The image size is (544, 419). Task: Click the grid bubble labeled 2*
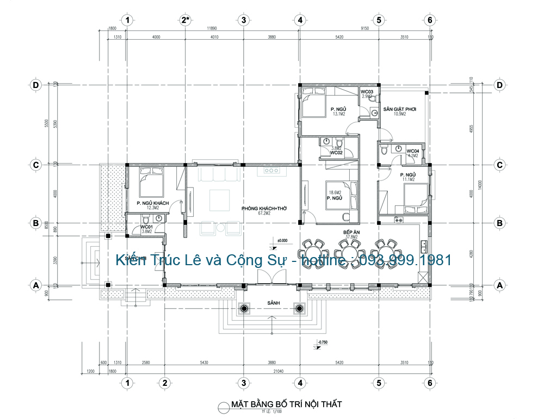click(x=186, y=20)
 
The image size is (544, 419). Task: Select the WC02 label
click(x=336, y=153)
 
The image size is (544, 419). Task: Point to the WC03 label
click(x=367, y=92)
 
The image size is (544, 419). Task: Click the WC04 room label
click(x=413, y=151)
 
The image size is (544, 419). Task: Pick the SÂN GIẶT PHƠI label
click(x=399, y=109)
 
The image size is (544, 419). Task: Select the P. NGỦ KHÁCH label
click(x=153, y=203)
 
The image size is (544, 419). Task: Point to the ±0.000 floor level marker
click(x=282, y=240)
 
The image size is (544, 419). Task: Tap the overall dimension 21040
click(x=279, y=371)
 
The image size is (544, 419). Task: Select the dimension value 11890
click(x=212, y=28)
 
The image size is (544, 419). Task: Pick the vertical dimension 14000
click(x=480, y=185)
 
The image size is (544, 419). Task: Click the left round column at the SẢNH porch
click(x=244, y=309)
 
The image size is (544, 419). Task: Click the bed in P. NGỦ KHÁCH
click(x=152, y=184)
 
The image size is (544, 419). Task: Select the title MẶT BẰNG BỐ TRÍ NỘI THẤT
click(x=286, y=404)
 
